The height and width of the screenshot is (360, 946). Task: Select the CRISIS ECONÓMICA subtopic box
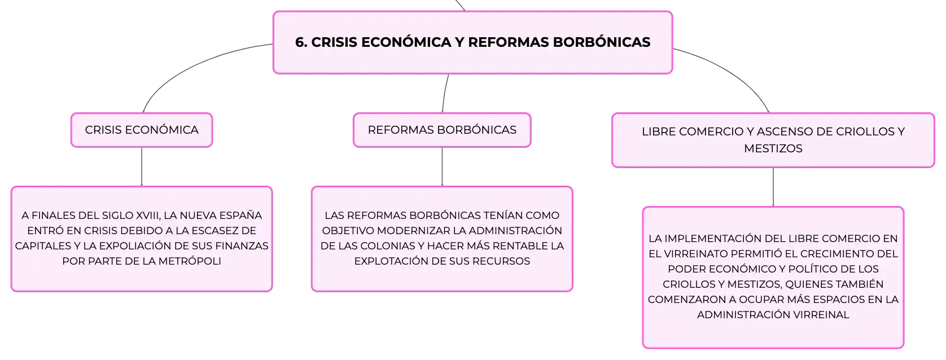coord(142,130)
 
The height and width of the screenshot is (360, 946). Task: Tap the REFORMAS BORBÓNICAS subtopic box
coord(442,130)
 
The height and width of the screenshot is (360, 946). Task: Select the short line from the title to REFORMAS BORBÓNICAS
coord(445,93)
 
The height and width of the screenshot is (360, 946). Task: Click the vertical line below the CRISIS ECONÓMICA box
coord(142,166)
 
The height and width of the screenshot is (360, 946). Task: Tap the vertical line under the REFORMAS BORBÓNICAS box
coord(442,166)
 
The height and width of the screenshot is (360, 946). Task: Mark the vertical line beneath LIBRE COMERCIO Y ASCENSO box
coord(773,187)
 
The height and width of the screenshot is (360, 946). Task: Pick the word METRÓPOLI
coord(190,261)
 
